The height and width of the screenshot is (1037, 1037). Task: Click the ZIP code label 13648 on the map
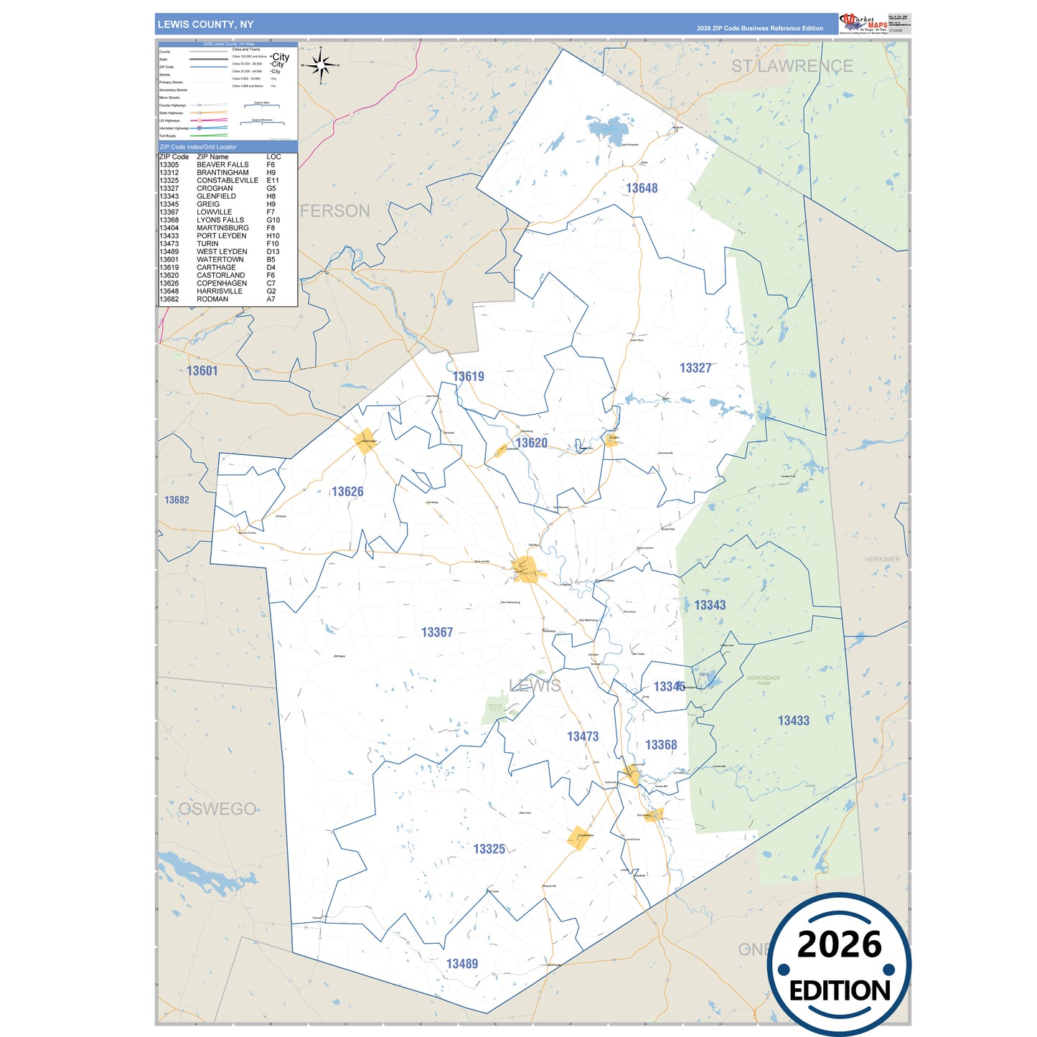click(641, 188)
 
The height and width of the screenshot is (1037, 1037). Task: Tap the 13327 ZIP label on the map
click(695, 368)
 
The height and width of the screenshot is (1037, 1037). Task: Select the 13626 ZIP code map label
click(347, 492)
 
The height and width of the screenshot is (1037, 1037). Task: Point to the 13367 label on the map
click(436, 632)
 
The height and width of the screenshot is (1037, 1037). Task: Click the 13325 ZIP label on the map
click(489, 849)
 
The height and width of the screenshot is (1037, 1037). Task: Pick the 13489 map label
click(461, 964)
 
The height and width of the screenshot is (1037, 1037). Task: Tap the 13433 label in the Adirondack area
click(793, 721)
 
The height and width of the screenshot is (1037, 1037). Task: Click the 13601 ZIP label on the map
click(202, 371)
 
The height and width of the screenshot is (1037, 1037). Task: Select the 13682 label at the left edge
click(177, 500)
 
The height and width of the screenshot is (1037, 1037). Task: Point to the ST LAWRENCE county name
click(792, 66)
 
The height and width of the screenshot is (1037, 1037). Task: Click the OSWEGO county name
click(217, 809)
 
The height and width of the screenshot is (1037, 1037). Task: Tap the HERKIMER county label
click(881, 559)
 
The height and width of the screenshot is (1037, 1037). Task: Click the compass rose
click(321, 65)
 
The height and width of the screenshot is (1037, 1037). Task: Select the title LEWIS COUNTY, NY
click(205, 24)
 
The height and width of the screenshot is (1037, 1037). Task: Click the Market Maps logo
click(863, 24)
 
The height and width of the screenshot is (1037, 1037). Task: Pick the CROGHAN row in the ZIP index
click(215, 189)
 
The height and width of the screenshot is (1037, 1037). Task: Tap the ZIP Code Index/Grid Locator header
click(198, 147)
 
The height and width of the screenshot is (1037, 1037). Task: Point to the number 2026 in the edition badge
click(839, 944)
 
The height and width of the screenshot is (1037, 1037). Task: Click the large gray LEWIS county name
click(535, 686)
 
